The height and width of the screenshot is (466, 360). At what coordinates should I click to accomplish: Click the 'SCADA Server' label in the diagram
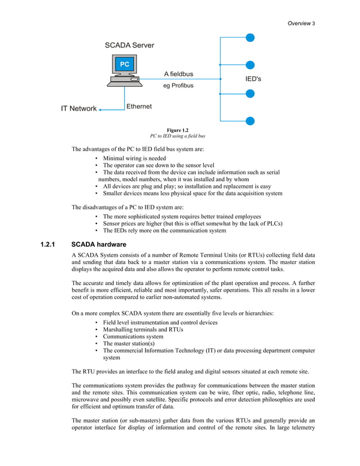129,45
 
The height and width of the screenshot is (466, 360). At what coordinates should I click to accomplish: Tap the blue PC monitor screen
124,64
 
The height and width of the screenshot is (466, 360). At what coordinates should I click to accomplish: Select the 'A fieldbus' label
178,74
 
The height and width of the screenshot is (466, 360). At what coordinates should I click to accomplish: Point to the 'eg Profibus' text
178,86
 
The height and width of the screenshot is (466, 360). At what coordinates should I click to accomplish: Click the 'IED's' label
253,80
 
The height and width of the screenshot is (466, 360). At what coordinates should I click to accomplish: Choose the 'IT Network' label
79,109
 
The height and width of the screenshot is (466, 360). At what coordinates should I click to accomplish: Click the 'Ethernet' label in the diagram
139,106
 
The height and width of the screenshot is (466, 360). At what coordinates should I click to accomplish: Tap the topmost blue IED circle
250,38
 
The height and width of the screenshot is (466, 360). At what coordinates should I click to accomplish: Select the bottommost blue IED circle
250,121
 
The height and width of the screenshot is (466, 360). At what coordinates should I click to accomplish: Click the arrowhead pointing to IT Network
100,110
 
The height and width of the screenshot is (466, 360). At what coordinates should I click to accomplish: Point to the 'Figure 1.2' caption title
177,130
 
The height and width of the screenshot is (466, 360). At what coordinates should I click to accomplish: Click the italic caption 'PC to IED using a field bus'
177,136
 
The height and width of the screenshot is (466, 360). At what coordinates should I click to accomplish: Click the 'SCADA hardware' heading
99,245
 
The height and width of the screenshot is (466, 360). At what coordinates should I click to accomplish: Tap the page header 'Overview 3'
301,23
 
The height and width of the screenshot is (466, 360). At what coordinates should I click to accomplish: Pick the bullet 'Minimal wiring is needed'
134,159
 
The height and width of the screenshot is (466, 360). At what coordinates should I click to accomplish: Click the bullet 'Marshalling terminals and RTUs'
143,329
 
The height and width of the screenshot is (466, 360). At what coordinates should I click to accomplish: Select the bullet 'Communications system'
134,336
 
